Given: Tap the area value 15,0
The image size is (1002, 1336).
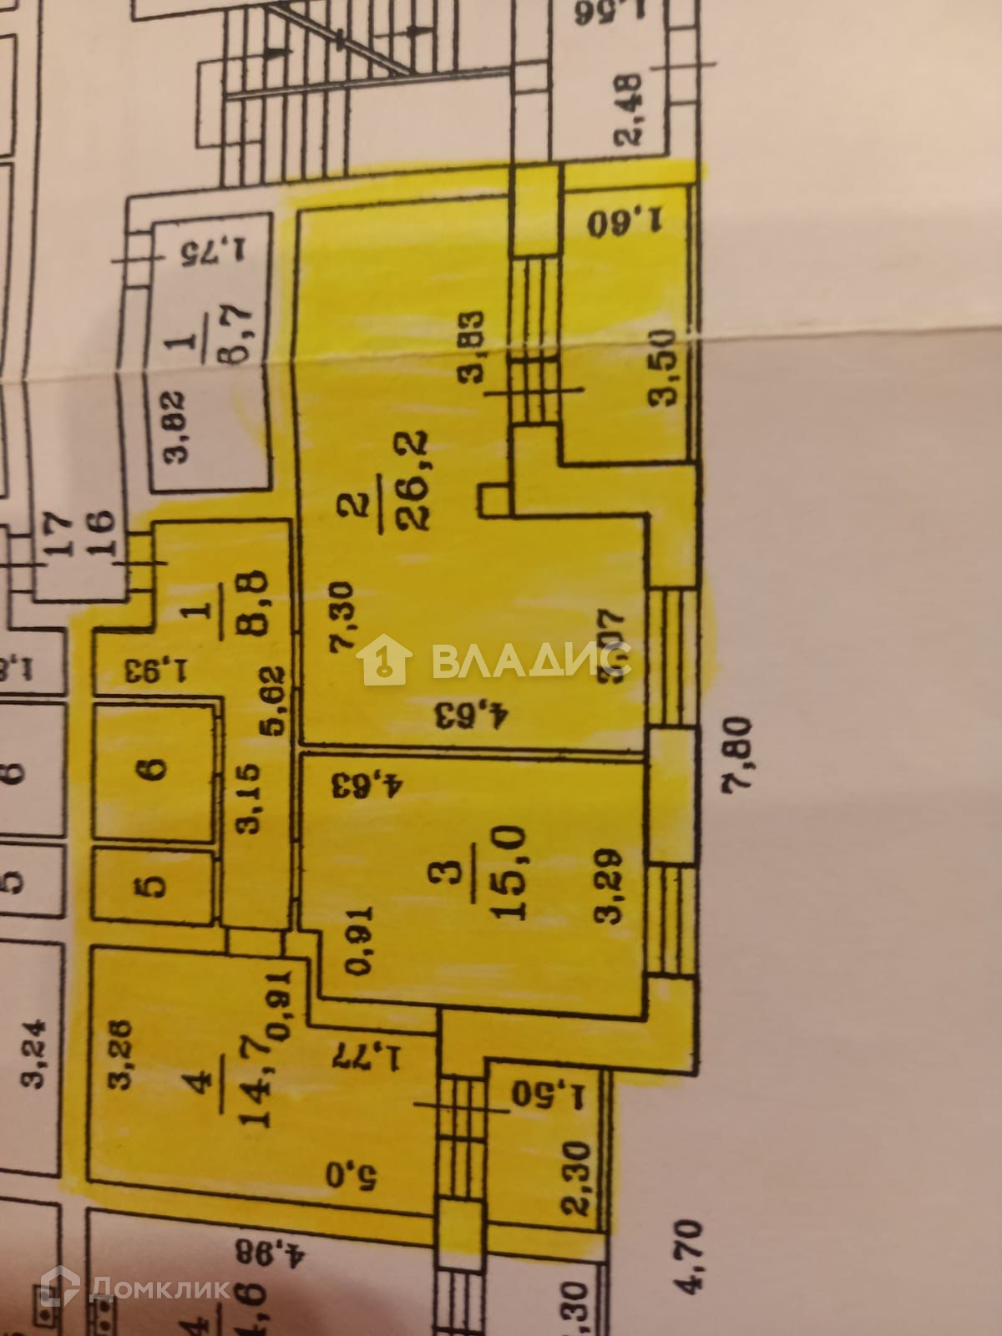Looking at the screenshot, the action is (509, 873).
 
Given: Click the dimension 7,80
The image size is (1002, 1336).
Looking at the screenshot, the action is (742, 761).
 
